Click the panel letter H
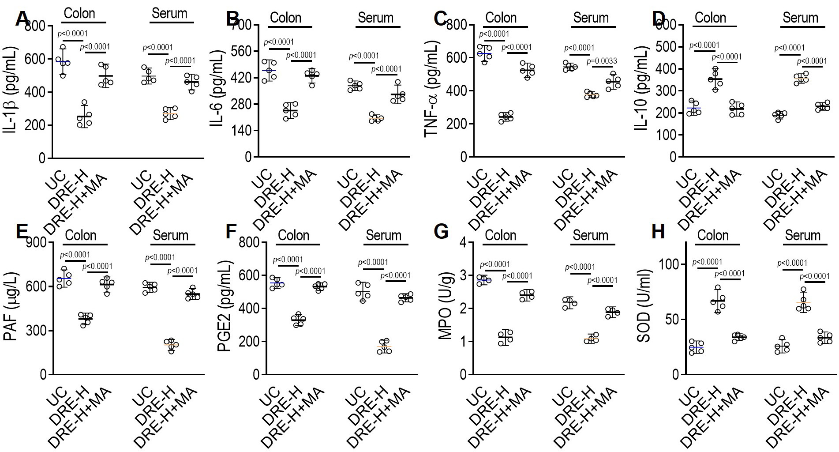coord(658,231)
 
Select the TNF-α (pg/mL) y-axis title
coord(431,90)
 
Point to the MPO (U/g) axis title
coord(446,309)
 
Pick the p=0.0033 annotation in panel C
coord(602,61)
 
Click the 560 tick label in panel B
coord(240,51)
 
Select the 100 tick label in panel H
coord(670,264)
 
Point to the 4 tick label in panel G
coord(464,243)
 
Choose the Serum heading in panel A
coord(169,14)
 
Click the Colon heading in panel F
coord(293,235)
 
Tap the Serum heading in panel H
coord(802,235)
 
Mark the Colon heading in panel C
coord(501,18)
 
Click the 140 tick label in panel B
coord(240,131)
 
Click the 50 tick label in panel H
coord(672,320)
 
